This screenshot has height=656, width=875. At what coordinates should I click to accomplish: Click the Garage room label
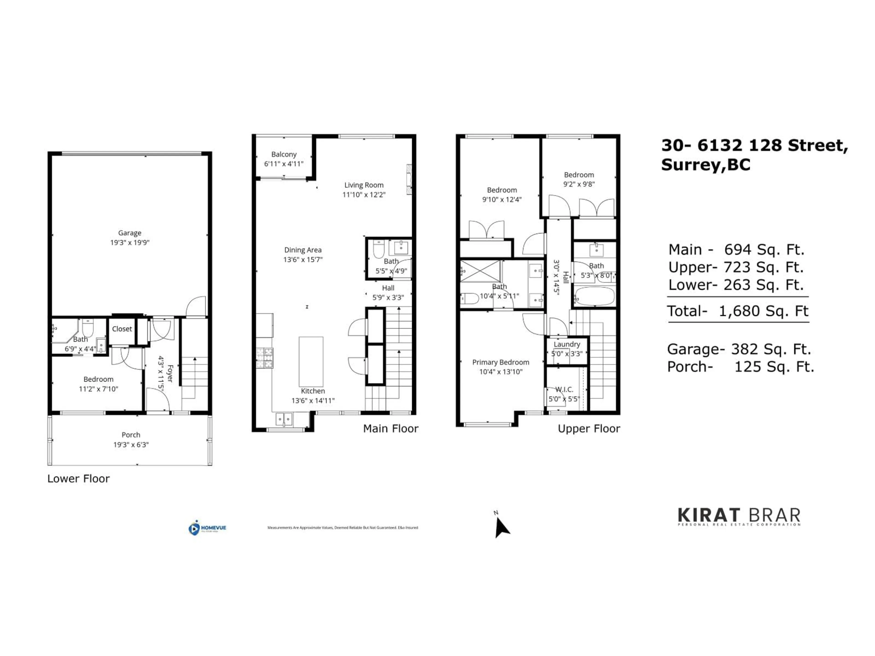[x=129, y=233]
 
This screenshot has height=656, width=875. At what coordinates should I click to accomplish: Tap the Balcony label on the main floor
[x=284, y=154]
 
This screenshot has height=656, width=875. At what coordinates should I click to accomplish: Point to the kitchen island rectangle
[x=311, y=361]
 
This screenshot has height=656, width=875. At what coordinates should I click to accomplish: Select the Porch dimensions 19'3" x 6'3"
[x=131, y=444]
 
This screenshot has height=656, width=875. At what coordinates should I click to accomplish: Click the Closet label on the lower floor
[x=122, y=329]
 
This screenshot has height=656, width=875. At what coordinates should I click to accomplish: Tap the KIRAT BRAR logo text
[x=739, y=516]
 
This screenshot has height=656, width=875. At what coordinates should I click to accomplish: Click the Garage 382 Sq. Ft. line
[x=739, y=349]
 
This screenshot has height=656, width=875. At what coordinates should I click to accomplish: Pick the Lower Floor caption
[x=78, y=479]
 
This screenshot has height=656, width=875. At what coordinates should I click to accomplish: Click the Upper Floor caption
[x=589, y=429]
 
